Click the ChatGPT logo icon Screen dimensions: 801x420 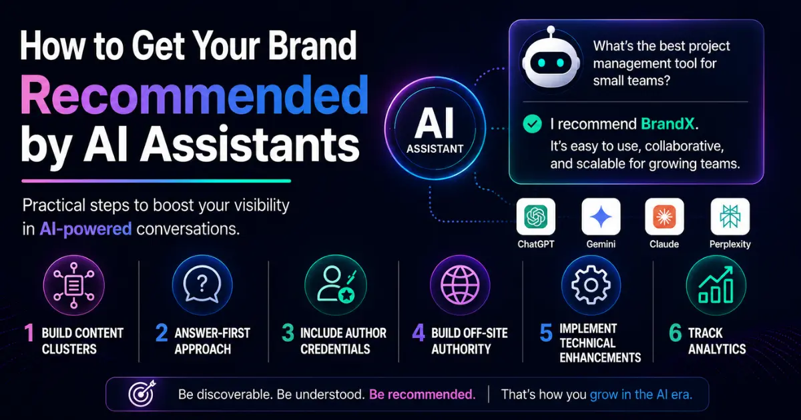click(535, 217)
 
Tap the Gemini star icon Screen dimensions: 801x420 click(601, 217)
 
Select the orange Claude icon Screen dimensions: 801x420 click(664, 217)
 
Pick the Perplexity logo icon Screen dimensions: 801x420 click(730, 217)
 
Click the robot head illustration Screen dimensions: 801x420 click(551, 61)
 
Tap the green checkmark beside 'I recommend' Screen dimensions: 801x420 click(532, 124)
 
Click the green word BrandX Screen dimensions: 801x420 click(667, 124)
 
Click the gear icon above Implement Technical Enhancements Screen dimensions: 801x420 click(591, 285)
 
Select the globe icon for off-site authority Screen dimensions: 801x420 click(460, 285)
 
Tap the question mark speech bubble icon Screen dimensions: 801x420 click(202, 285)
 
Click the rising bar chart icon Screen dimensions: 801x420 click(716, 285)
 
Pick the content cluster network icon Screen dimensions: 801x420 click(73, 285)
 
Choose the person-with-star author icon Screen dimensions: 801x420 click(336, 285)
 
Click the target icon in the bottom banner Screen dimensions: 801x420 click(142, 393)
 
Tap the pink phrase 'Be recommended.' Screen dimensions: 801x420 click(423, 395)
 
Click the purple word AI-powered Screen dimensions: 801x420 click(86, 229)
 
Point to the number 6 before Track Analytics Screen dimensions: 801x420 click(676, 333)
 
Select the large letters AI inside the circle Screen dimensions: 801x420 click(435, 123)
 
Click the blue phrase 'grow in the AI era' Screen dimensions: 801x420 click(641, 395)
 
